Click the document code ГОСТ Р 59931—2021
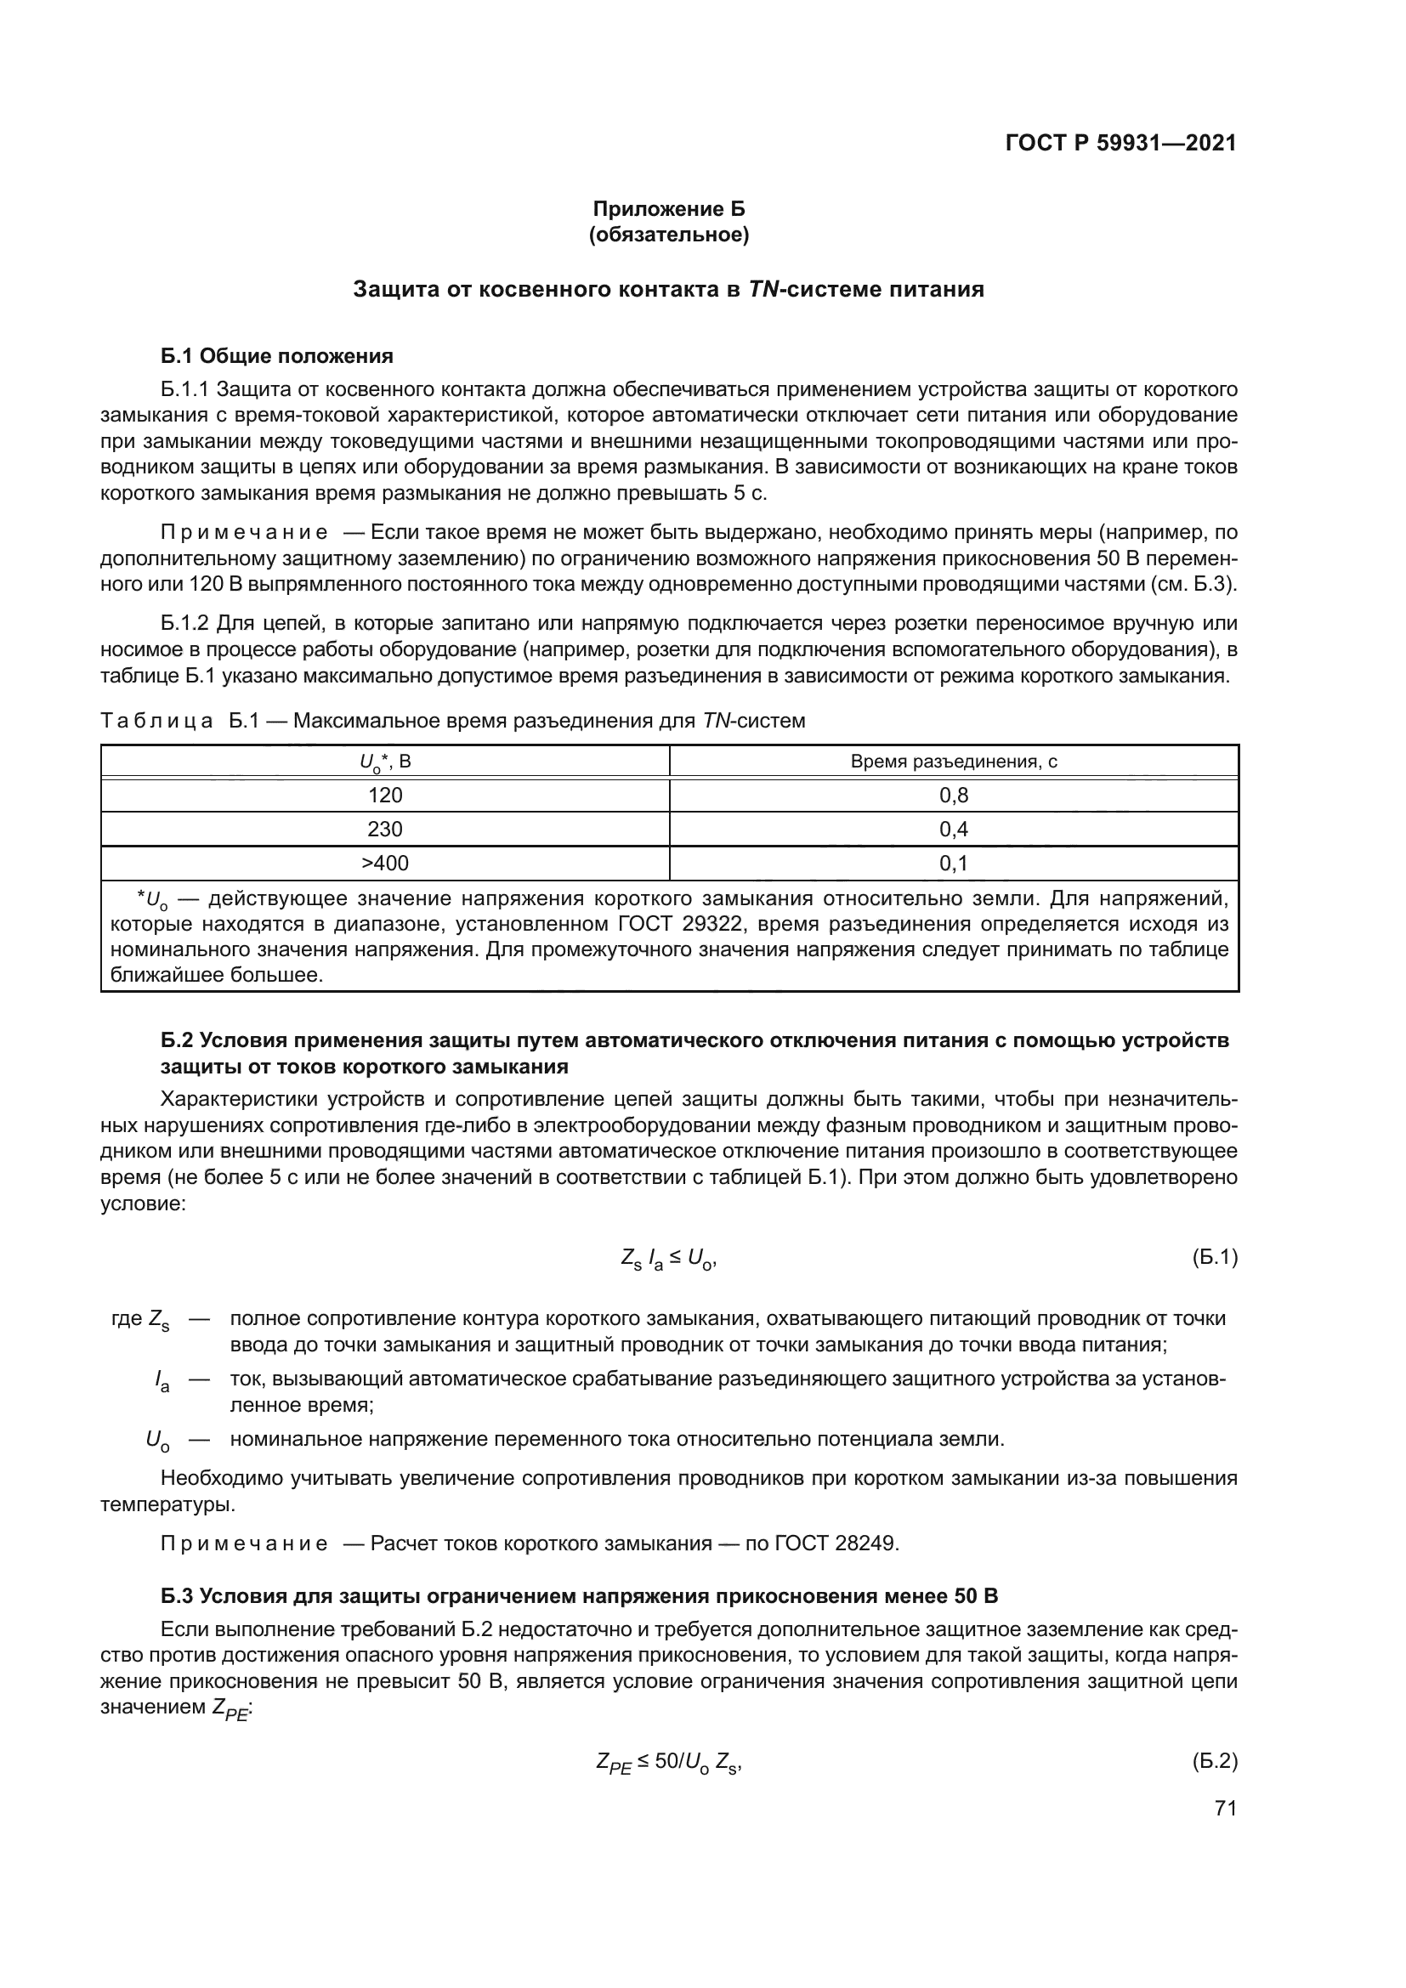point(1120,143)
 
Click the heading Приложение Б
point(668,209)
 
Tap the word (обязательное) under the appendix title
point(668,235)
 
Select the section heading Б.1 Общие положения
point(277,356)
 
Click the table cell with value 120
point(385,795)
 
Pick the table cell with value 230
point(385,829)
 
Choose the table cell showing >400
point(385,863)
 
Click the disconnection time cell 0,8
point(953,795)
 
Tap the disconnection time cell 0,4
point(953,829)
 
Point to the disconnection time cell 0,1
point(953,863)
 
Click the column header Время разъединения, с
point(953,761)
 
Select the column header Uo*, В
point(385,762)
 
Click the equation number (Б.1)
point(1215,1257)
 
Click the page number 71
point(1225,1808)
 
